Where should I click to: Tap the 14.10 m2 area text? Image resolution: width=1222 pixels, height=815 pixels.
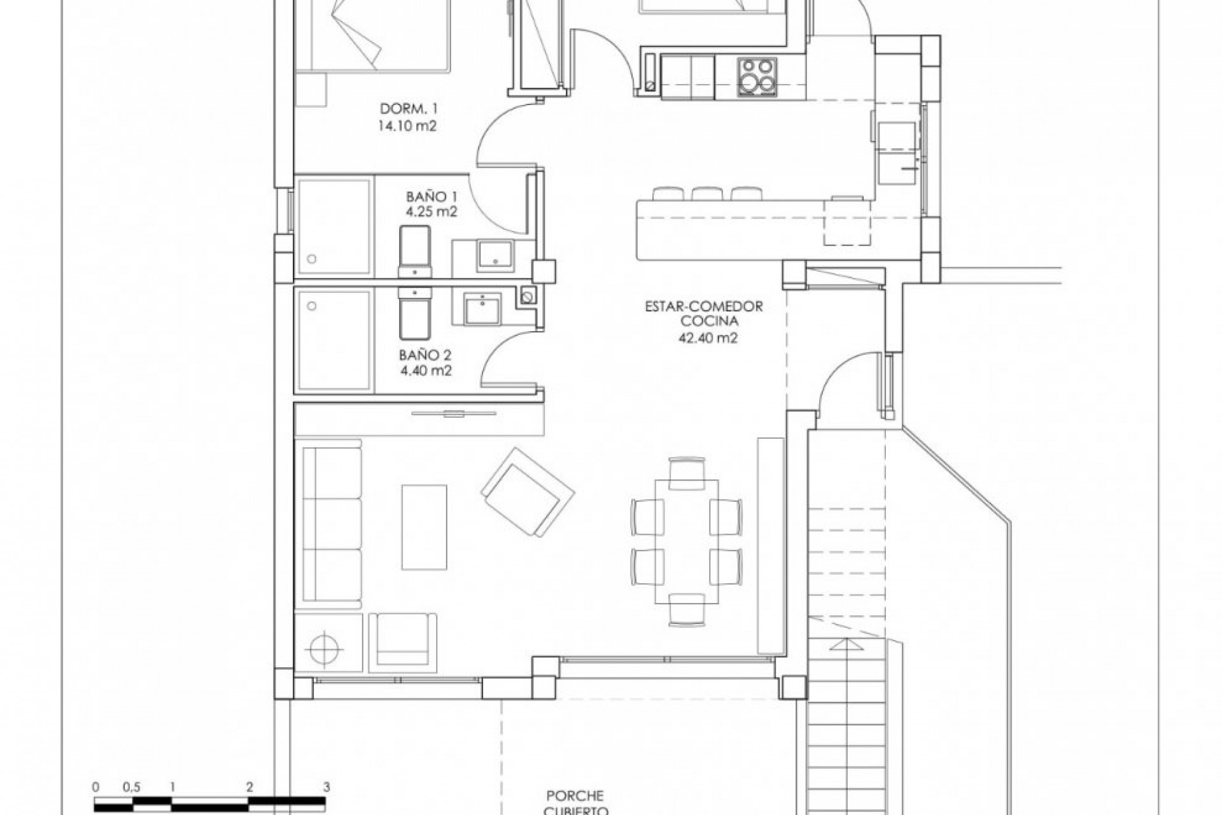point(409,125)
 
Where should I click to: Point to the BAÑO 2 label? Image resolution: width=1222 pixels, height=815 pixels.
point(425,355)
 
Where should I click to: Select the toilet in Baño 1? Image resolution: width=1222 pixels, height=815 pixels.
point(414,250)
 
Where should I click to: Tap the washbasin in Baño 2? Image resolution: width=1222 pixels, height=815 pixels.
point(482,310)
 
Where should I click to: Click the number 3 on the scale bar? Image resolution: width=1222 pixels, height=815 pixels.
point(327,787)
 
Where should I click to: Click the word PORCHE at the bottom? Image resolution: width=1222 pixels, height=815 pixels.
point(575,796)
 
